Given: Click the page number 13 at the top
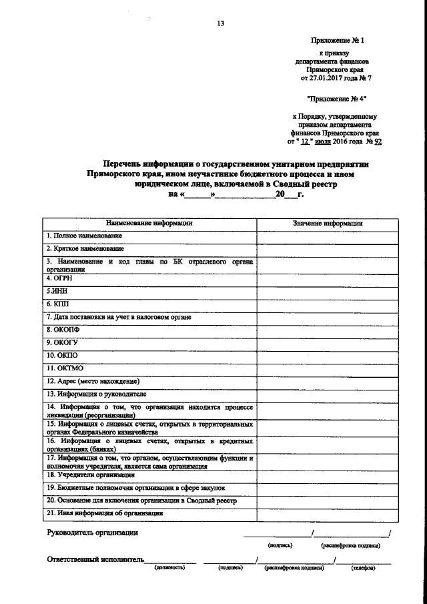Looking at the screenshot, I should [x=220, y=23].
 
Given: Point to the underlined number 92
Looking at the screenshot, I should [x=379, y=142].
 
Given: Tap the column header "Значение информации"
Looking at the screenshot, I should [x=328, y=224].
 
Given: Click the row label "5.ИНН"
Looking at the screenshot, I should [x=56, y=292].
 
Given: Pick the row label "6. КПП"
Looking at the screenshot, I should [x=58, y=304].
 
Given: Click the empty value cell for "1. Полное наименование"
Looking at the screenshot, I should [x=328, y=236].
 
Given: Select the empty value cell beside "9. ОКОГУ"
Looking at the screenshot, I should [x=328, y=342].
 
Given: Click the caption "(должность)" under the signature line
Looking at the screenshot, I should [x=169, y=568].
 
